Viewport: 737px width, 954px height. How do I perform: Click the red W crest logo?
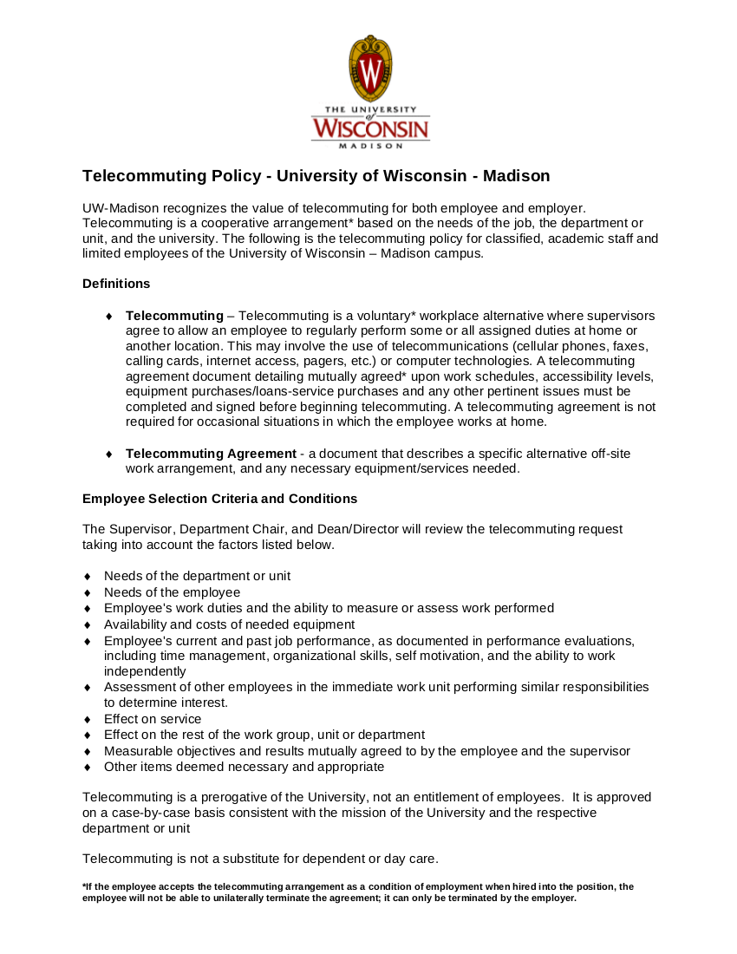pyautogui.click(x=370, y=69)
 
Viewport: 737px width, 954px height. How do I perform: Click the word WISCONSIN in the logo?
pyautogui.click(x=370, y=129)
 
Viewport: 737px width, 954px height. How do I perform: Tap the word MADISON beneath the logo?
pyautogui.click(x=370, y=147)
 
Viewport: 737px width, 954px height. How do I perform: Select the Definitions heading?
pyautogui.click(x=116, y=284)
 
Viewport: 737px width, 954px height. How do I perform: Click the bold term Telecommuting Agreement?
pyautogui.click(x=211, y=454)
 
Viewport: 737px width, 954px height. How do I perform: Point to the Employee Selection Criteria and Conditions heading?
pyautogui.click(x=219, y=499)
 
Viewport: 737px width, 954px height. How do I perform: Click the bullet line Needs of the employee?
pyautogui.click(x=172, y=592)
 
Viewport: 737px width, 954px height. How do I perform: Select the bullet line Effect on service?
pyautogui.click(x=153, y=719)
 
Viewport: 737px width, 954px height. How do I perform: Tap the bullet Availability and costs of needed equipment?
pyautogui.click(x=229, y=624)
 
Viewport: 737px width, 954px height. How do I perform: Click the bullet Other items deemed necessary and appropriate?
pyautogui.click(x=244, y=767)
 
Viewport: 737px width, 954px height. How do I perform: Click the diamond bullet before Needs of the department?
pyautogui.click(x=88, y=577)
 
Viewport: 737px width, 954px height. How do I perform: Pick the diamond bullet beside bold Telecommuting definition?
pyautogui.click(x=108, y=317)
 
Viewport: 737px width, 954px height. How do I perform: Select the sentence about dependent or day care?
pyautogui.click(x=260, y=859)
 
